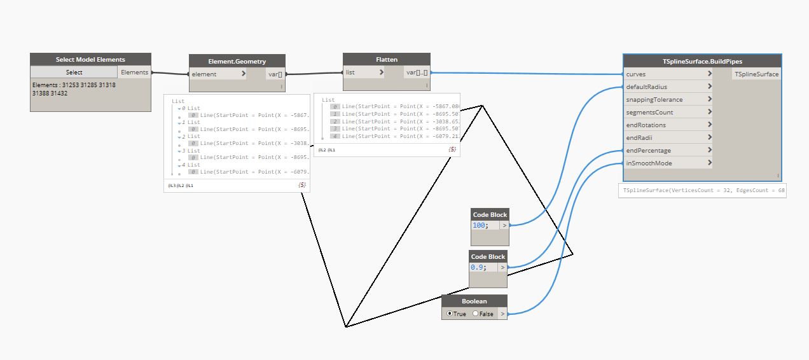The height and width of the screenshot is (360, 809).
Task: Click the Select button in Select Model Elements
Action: (74, 73)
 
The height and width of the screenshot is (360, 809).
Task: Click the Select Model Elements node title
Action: (90, 60)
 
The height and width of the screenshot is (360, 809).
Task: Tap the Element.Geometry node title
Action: (237, 62)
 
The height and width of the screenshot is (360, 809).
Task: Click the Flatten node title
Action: (387, 60)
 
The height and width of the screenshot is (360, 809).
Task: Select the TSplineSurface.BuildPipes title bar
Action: (702, 62)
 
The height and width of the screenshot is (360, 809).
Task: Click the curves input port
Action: (668, 74)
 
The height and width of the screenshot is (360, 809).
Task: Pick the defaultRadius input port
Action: (668, 87)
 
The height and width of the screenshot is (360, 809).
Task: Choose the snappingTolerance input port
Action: (668, 100)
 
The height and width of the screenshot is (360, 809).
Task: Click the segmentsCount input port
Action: (668, 113)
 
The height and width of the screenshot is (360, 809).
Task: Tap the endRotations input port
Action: (668, 125)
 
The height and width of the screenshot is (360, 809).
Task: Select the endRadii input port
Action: (668, 138)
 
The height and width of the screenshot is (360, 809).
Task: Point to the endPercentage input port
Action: (668, 151)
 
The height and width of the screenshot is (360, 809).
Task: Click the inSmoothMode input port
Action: (668, 163)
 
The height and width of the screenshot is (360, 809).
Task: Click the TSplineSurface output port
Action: (756, 74)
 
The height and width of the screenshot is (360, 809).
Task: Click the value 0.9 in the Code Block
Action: (478, 268)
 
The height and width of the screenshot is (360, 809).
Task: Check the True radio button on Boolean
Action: (450, 314)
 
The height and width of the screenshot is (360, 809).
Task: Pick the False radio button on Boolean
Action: (475, 314)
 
